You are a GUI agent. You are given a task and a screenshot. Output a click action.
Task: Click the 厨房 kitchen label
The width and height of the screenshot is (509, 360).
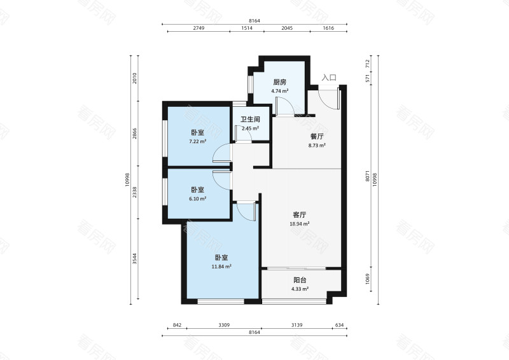point(279,82)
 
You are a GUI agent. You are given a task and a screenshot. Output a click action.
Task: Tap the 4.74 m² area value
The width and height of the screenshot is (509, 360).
point(279,91)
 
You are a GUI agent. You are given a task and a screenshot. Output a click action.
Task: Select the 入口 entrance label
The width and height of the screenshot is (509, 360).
point(328,78)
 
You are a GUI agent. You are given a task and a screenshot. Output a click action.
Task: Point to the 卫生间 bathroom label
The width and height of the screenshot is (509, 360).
point(250,120)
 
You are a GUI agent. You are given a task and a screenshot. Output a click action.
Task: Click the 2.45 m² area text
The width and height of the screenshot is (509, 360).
point(250,128)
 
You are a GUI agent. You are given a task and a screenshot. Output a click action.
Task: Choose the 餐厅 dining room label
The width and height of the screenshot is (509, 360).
point(317,136)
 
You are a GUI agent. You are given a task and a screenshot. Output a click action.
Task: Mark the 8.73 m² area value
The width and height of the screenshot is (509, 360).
point(317,145)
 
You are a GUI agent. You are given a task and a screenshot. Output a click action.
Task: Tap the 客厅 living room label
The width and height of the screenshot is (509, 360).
point(300,215)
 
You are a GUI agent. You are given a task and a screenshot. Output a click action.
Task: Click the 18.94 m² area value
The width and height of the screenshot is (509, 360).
point(300,224)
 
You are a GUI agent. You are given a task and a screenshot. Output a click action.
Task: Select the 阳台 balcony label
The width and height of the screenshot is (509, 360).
point(300,280)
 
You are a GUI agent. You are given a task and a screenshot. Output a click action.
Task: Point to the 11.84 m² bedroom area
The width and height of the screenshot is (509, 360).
point(221,267)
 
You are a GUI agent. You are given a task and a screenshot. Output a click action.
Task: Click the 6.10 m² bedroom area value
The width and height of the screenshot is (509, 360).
point(197,198)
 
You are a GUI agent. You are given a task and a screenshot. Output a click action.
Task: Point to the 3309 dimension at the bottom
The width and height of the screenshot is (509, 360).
point(223,326)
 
